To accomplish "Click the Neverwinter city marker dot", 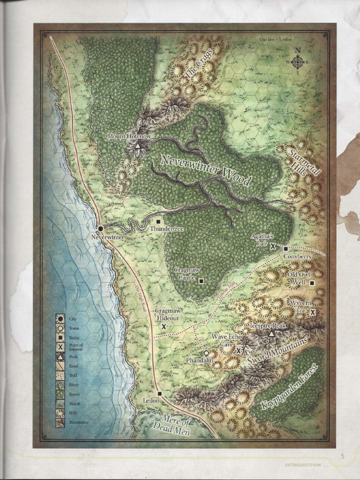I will click(x=100, y=228).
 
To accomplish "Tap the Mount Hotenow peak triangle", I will click(x=137, y=146).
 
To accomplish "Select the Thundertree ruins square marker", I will click(x=158, y=221).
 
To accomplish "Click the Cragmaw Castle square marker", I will click(x=201, y=281).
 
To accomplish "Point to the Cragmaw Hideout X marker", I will click(x=164, y=326).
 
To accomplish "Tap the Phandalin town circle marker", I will click(x=206, y=352).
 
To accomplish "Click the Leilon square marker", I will click(x=159, y=394).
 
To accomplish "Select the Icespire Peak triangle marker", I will click(x=271, y=334).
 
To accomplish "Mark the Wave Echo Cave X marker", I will click(x=239, y=350).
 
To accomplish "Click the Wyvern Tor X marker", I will click(x=313, y=312).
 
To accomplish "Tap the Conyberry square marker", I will click(x=285, y=249).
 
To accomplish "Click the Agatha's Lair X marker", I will click(x=272, y=245).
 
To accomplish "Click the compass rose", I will click(x=298, y=61).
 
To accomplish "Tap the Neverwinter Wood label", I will click(x=206, y=170).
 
